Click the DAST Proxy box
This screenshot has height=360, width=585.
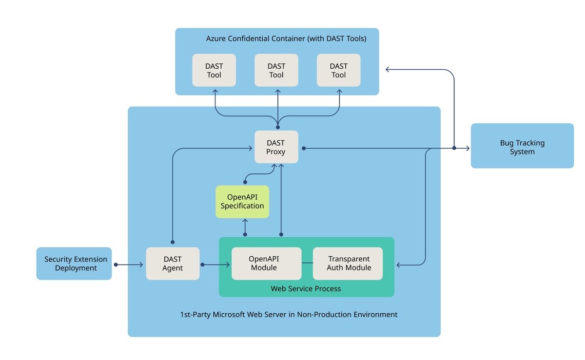276,147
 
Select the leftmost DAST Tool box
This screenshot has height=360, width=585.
214,70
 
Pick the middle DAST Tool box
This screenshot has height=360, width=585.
276,70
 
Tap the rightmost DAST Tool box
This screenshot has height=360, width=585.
339,70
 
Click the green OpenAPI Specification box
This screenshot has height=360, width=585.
242,201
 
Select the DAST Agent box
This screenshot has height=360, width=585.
173,264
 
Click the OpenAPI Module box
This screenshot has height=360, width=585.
266,264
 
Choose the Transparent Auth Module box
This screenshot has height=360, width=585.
348,264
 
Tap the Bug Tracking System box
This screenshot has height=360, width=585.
522,147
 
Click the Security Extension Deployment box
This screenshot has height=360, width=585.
74,264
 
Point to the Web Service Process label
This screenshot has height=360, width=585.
306,289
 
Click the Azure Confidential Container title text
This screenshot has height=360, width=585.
286,38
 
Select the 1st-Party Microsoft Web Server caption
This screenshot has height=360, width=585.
289,315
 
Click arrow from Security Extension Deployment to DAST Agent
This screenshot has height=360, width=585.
129,265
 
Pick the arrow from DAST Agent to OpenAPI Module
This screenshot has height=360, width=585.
215,265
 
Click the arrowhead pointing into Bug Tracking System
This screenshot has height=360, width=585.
467,148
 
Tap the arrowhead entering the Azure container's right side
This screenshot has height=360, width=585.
388,70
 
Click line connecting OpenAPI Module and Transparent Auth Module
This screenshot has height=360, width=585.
307,264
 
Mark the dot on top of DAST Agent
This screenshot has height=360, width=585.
173,242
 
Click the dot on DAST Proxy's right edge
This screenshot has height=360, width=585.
303,148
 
